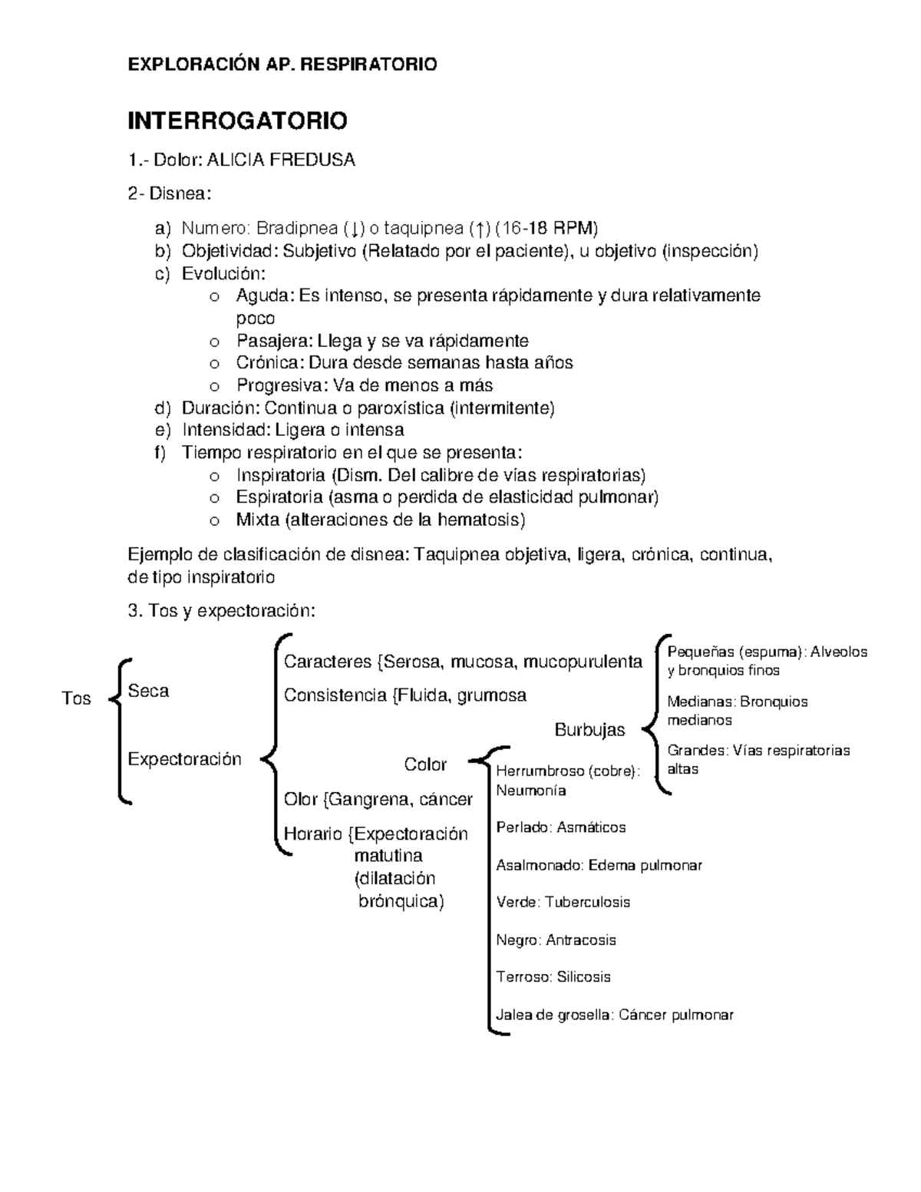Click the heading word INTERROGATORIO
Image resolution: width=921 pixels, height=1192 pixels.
237,121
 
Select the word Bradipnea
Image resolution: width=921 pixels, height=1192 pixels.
297,229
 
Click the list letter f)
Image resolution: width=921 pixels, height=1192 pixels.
160,452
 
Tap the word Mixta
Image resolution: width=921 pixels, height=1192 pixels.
257,520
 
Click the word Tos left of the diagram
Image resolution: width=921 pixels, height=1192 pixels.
76,698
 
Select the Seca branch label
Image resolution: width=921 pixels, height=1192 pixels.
148,691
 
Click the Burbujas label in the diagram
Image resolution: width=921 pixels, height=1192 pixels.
589,730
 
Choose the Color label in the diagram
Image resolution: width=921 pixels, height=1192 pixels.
425,764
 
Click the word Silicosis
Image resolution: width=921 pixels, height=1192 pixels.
583,977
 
